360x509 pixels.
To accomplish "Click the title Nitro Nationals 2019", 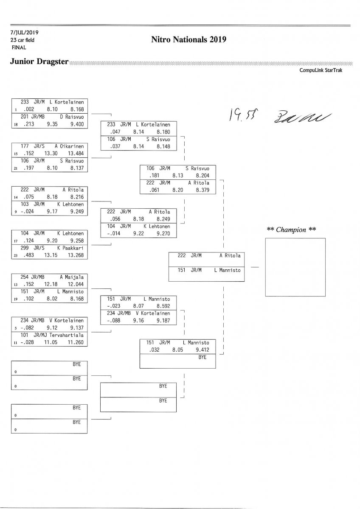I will (188, 40).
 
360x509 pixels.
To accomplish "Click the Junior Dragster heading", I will (39, 62).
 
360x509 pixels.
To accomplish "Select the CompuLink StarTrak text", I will (321, 71).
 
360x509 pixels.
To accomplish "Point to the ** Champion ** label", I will (291, 230).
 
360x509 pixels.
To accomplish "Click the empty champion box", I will (295, 267).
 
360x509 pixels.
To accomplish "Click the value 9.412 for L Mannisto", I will (203, 350).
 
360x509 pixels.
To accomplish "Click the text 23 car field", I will (23, 40).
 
